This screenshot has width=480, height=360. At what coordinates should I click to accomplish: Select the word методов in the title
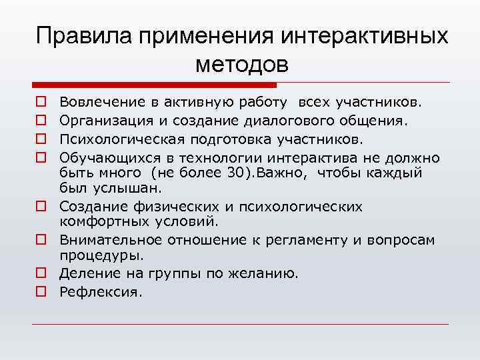click(243, 64)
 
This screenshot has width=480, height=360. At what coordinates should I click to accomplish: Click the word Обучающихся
click(100, 157)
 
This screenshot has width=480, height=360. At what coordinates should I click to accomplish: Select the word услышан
click(113, 188)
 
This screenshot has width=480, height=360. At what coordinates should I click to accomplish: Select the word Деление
click(83, 273)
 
